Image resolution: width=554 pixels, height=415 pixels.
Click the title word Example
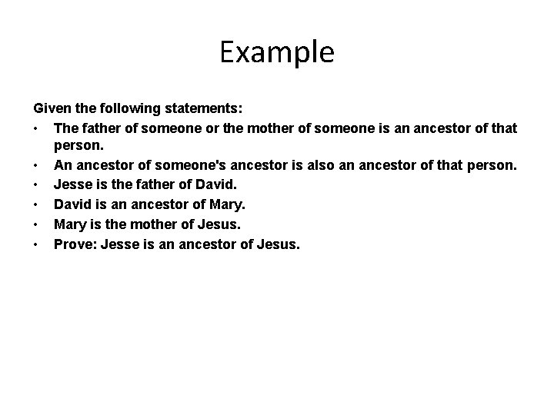point(277,52)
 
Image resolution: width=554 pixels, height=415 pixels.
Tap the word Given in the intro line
point(49,108)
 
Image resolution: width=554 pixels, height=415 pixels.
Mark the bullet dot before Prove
point(36,245)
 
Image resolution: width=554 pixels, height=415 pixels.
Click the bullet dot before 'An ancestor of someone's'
point(36,167)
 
